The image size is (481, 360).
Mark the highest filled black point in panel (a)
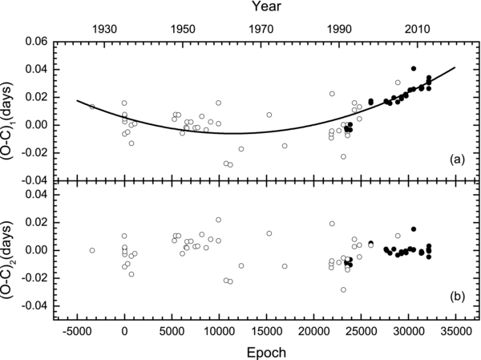coord(414,69)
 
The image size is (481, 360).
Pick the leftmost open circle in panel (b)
coord(92,250)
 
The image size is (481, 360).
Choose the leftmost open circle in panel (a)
coord(92,107)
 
